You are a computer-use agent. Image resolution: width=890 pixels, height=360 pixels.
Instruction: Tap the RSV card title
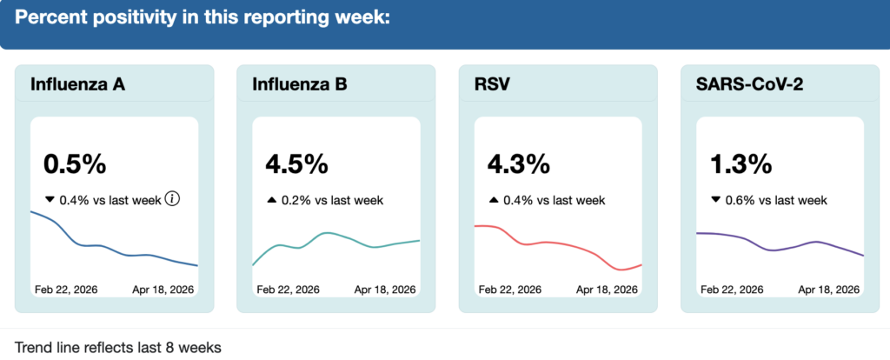pos(493,84)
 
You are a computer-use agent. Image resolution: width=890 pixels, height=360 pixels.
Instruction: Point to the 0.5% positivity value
pos(74,163)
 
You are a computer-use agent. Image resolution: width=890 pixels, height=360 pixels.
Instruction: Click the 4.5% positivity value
pos(296,163)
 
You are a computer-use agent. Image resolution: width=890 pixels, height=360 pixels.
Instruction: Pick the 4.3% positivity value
pos(518,163)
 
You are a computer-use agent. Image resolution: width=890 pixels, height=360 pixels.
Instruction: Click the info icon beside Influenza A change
pos(172,200)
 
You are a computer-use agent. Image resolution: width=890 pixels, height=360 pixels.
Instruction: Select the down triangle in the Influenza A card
pos(50,200)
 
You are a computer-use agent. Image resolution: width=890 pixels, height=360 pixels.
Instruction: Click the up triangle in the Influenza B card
pos(271,200)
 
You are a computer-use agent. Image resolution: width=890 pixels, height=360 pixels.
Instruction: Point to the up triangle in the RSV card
pos(494,200)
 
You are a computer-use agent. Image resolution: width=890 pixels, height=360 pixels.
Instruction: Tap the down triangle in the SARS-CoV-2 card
pos(716,200)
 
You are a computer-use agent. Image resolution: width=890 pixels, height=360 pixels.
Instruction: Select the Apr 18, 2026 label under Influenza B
pos(385,290)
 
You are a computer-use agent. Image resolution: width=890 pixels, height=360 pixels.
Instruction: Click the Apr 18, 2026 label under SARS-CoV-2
pos(829,290)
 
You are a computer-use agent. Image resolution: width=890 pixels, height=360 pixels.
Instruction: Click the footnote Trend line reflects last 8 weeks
pos(118,347)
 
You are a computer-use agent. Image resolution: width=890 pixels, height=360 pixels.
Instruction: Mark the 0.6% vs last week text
pos(776,200)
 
